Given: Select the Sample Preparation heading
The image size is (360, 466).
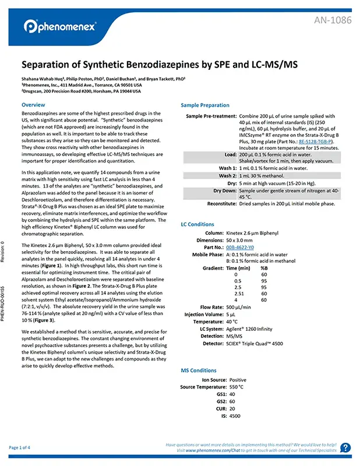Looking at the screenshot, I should (205, 105).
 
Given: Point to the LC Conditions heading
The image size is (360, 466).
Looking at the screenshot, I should (199, 224).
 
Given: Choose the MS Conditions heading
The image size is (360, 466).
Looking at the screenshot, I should (199, 370).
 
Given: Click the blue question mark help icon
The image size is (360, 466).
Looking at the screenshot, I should (345, 447).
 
